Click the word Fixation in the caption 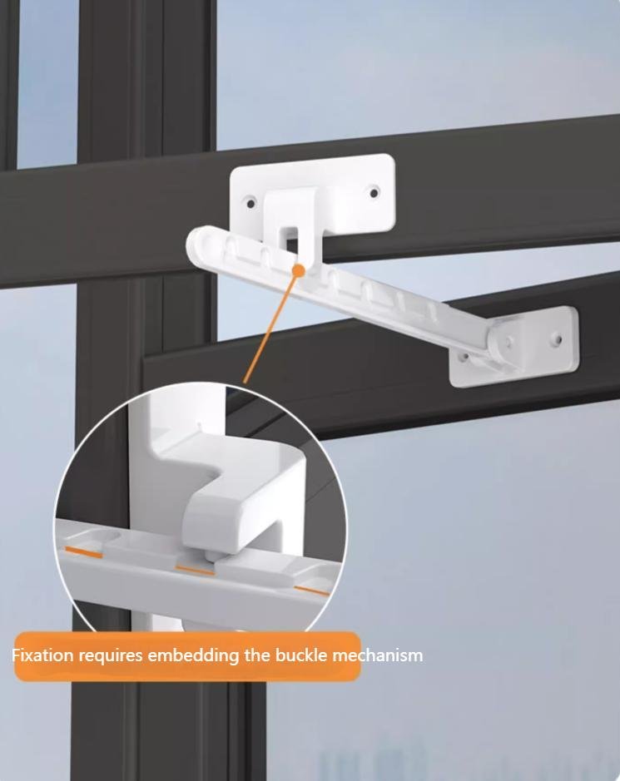pyautogui.click(x=42, y=655)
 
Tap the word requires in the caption pyautogui.click(x=111, y=656)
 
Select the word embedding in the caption pyautogui.click(x=193, y=655)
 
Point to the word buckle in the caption pyautogui.click(x=301, y=655)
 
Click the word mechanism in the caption pyautogui.click(x=377, y=655)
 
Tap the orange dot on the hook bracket pyautogui.click(x=299, y=270)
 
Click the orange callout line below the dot pyautogui.click(x=270, y=328)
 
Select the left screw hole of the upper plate pyautogui.click(x=250, y=203)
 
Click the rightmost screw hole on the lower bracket pyautogui.click(x=559, y=340)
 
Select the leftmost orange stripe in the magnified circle pyautogui.click(x=85, y=551)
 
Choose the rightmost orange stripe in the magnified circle pyautogui.click(x=311, y=591)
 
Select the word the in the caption pyautogui.click(x=257, y=655)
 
